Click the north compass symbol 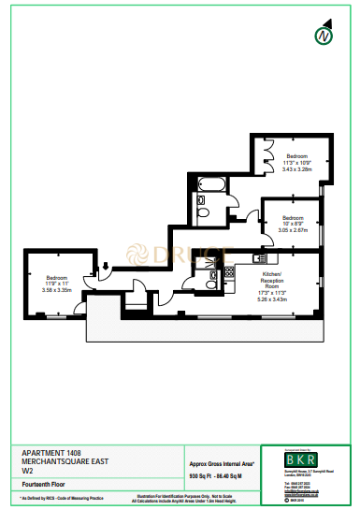[x=324, y=37]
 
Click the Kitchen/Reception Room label [x=271, y=284]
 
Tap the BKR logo [x=301, y=460]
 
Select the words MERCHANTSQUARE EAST [x=59, y=461]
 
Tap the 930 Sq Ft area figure [x=201, y=477]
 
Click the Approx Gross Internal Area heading [x=222, y=463]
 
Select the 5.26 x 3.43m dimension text [x=271, y=300]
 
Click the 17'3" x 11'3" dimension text [x=271, y=294]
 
